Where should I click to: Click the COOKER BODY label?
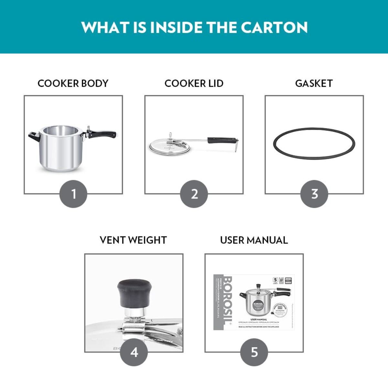73,83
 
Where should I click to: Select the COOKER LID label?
194,83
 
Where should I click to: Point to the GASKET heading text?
314,83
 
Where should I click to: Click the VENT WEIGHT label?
133,240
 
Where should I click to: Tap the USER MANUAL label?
254,240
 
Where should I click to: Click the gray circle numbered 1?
73,194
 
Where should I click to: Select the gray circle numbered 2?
194,194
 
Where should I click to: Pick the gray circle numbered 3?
314,194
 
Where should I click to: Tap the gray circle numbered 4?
134,352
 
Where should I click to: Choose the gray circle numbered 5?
254,352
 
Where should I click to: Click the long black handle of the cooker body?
103,134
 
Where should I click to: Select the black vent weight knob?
134,292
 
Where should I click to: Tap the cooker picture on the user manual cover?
259,299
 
